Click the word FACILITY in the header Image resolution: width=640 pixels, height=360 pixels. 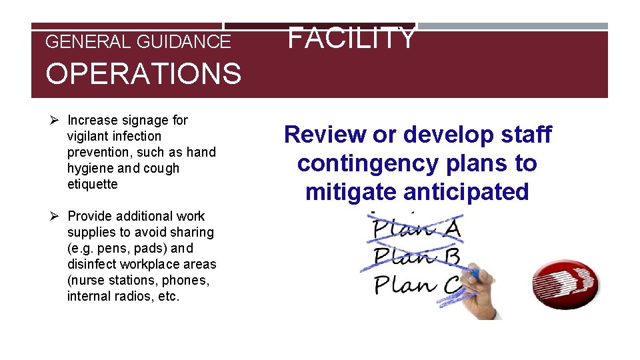351,38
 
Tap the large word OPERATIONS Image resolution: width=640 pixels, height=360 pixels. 143,73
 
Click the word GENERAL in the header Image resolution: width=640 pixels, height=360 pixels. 88,42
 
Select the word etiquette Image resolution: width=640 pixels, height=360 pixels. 92,184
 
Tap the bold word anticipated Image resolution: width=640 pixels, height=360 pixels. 465,192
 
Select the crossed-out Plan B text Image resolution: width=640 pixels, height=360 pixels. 417,257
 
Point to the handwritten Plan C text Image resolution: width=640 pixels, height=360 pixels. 417,285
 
